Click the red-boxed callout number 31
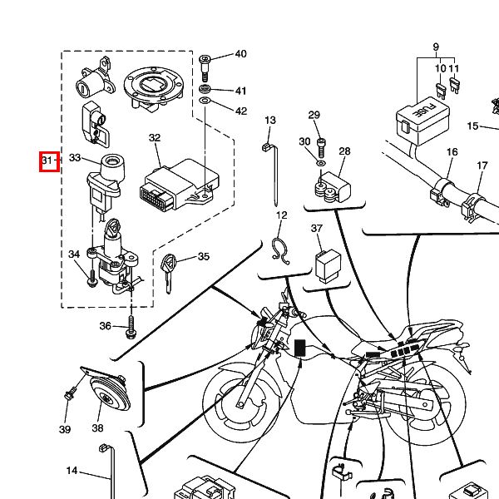pyautogui.click(x=49, y=160)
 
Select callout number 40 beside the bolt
pyautogui.click(x=240, y=55)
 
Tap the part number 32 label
pyautogui.click(x=155, y=138)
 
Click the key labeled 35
pyautogui.click(x=170, y=269)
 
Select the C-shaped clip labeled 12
pyautogui.click(x=280, y=248)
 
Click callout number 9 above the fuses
pyautogui.click(x=436, y=47)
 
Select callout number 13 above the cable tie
pyautogui.click(x=269, y=121)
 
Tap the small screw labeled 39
pyautogui.click(x=68, y=408)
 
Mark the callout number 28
pyautogui.click(x=344, y=151)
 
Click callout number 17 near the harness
pyautogui.click(x=482, y=166)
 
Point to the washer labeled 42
pyautogui.click(x=205, y=104)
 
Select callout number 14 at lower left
pyautogui.click(x=72, y=472)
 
